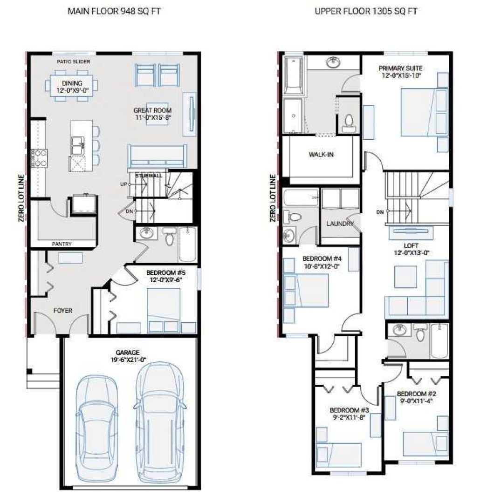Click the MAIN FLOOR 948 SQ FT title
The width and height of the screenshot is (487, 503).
click(114, 11)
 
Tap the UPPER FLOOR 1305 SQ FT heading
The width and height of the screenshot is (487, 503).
click(366, 11)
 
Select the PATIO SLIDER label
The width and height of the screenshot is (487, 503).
click(74, 61)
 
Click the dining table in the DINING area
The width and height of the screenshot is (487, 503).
click(72, 86)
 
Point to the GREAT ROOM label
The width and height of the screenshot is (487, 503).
click(152, 110)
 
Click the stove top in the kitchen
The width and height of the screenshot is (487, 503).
click(40, 158)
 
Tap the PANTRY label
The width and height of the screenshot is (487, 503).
click(62, 244)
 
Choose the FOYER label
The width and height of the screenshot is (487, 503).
click(63, 311)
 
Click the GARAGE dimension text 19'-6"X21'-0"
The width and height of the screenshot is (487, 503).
click(128, 360)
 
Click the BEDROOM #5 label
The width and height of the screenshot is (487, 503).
click(165, 272)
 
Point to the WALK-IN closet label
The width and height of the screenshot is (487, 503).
click(321, 155)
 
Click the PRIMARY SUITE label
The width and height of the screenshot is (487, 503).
click(400, 68)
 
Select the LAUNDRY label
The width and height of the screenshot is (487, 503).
click(340, 224)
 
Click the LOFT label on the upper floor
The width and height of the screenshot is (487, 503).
click(411, 246)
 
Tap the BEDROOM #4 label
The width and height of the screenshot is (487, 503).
click(322, 258)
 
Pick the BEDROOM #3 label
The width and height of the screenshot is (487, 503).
click(349, 410)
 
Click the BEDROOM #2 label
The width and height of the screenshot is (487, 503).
click(416, 394)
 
